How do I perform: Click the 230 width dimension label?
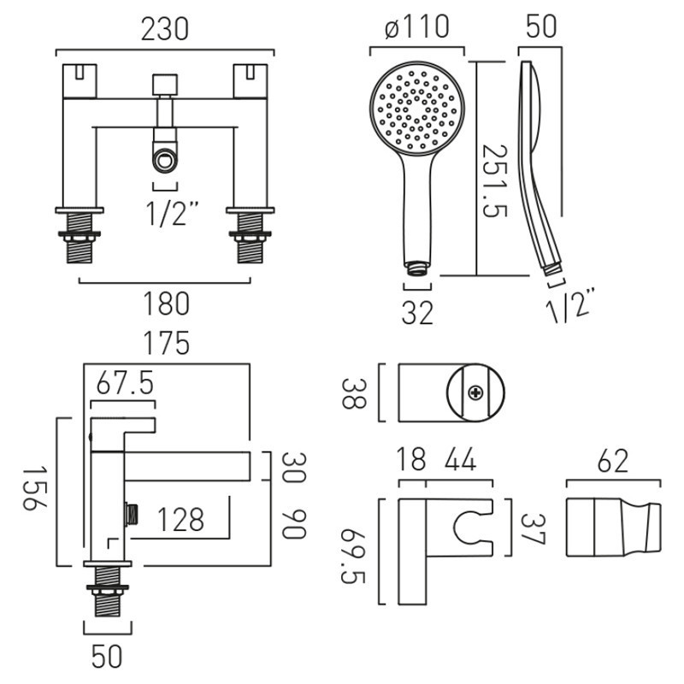[164, 29]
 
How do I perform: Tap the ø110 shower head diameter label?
[417, 27]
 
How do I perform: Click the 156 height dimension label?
[32, 489]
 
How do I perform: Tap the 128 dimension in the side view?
[180, 519]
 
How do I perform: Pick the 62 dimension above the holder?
[614, 463]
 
